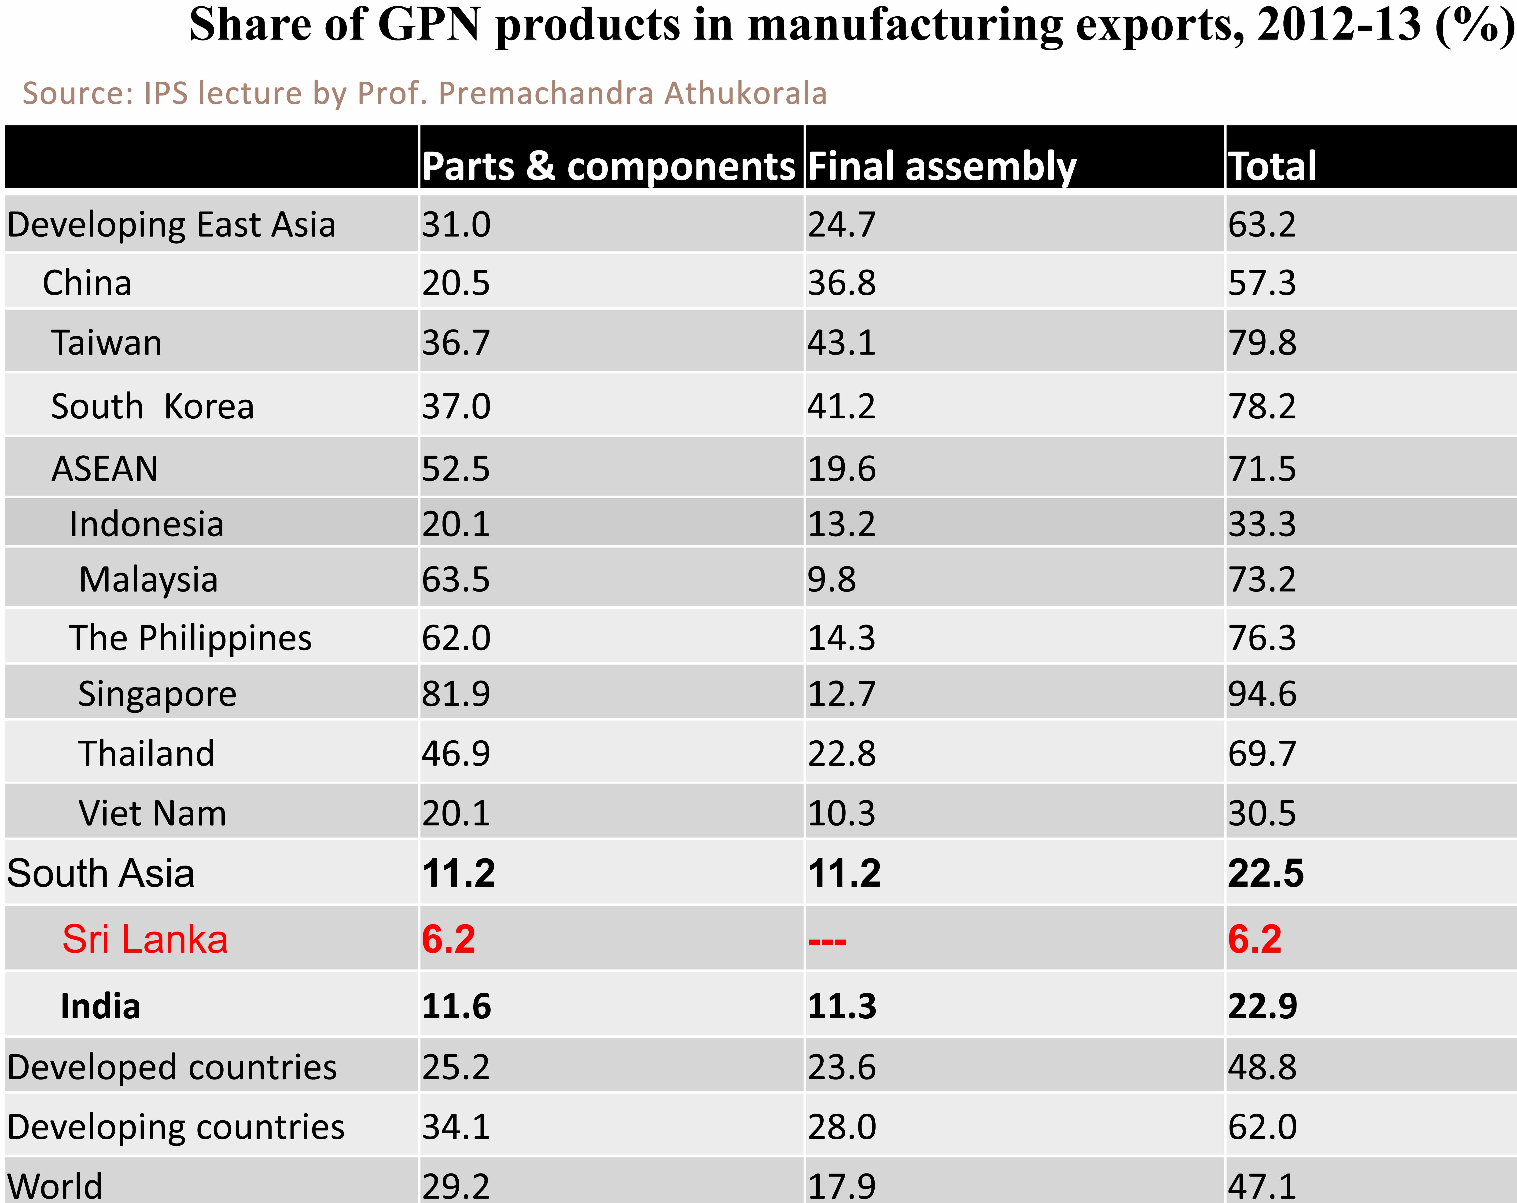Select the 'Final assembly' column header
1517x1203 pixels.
(941, 167)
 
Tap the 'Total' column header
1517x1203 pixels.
(1272, 167)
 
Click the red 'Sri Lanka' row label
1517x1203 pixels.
(145, 939)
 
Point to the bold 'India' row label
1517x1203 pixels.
(101, 1006)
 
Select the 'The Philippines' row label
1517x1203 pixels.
(190, 638)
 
